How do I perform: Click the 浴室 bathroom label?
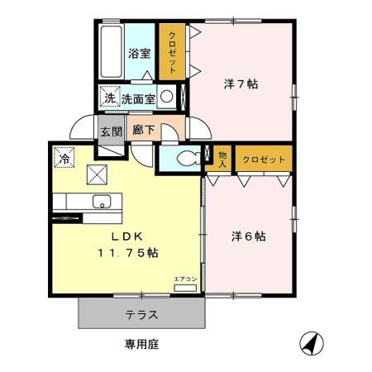(x=140, y=54)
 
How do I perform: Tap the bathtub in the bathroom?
(x=111, y=51)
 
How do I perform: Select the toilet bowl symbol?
(x=189, y=159)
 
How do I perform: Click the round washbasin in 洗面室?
(x=167, y=97)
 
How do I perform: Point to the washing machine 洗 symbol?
(x=110, y=98)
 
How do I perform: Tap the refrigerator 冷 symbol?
(x=64, y=158)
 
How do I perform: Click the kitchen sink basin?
(x=102, y=202)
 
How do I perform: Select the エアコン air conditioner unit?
(x=185, y=289)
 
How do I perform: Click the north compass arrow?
(x=312, y=343)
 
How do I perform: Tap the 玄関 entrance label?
(x=111, y=131)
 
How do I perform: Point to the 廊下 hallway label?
(x=144, y=130)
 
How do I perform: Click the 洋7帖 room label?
(x=241, y=83)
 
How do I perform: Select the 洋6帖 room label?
(x=249, y=236)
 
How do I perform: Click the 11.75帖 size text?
(x=128, y=252)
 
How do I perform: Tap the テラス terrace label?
(x=141, y=315)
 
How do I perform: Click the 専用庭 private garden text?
(x=142, y=344)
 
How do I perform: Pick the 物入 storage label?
(x=222, y=160)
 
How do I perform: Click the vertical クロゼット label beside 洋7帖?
(x=172, y=52)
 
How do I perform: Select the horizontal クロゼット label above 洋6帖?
(x=264, y=160)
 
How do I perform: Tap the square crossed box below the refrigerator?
(x=97, y=174)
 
